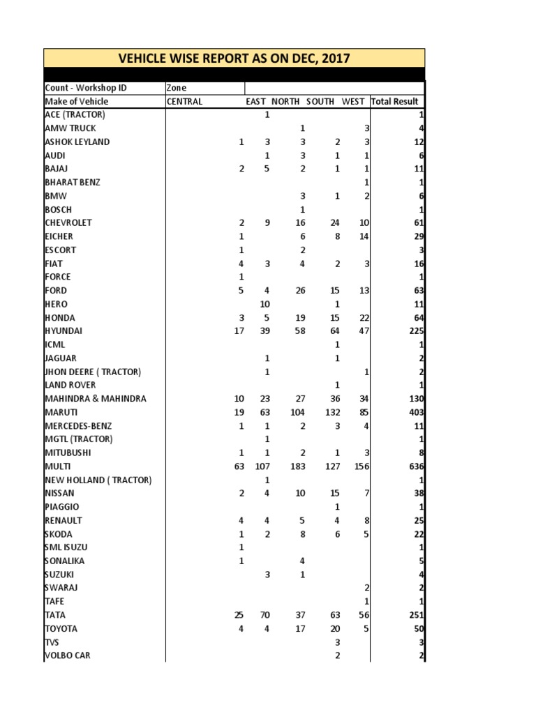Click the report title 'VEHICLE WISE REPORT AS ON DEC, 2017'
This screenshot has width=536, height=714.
(234, 58)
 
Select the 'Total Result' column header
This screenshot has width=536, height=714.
(394, 101)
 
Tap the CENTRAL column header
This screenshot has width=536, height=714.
(184, 101)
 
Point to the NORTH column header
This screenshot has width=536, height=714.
(285, 101)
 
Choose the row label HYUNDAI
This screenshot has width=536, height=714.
(64, 331)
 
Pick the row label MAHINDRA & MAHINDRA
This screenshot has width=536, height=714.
(96, 398)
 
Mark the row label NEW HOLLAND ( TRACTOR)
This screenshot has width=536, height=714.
(98, 480)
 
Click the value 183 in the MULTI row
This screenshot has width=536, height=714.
(297, 466)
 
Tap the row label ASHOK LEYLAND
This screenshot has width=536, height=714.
(77, 142)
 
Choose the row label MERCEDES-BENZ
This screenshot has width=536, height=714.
(77, 425)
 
